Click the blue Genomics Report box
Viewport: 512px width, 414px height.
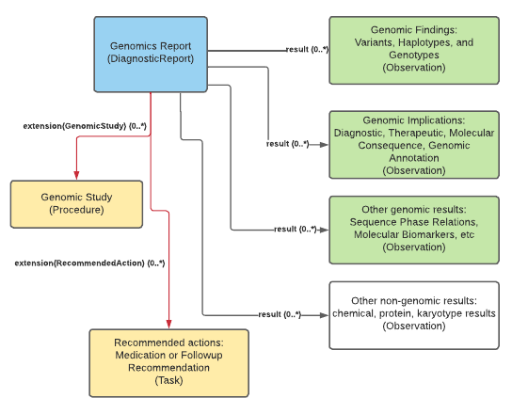click(x=151, y=54)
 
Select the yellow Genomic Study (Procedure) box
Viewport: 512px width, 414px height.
click(x=76, y=203)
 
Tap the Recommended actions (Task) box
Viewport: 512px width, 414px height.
click(x=168, y=361)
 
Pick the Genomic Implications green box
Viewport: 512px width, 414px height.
click(x=413, y=144)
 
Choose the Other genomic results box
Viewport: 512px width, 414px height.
click(x=413, y=229)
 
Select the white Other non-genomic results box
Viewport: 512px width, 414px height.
click(x=413, y=314)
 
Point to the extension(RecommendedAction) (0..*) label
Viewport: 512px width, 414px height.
click(x=89, y=263)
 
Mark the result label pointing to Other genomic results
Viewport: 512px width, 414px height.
click(x=295, y=229)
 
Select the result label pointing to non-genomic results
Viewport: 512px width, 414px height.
click(x=280, y=313)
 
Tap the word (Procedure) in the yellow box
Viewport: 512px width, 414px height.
click(x=76, y=211)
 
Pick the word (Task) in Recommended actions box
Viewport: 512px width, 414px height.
click(x=168, y=382)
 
